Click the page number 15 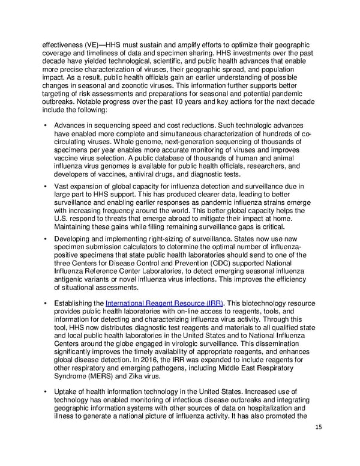coord(319,428)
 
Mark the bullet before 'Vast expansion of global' coord(46,187)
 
